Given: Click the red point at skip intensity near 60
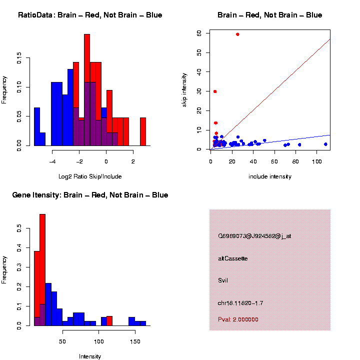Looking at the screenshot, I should [x=237, y=34].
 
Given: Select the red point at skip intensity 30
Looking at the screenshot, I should [x=215, y=91].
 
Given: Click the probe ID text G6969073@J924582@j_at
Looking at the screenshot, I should [x=254, y=235].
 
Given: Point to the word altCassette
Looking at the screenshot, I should [x=233, y=258].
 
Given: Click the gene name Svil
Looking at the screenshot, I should [x=223, y=280].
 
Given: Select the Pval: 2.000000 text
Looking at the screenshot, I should [x=238, y=319].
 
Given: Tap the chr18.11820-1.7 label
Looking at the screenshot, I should [x=241, y=303].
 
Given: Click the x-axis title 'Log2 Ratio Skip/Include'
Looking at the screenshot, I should [x=90, y=176].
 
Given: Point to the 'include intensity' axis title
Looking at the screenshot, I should [x=270, y=176].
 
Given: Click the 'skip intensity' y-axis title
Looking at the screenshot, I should [x=184, y=89].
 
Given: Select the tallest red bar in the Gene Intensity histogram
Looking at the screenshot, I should [x=42, y=270].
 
